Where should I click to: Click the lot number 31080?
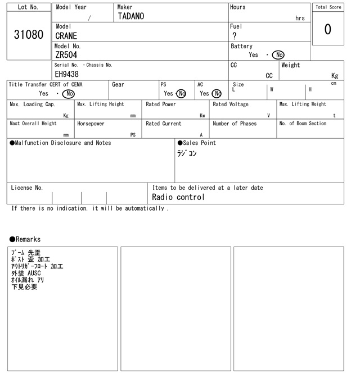tap(28, 35)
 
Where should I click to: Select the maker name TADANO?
tap(130, 16)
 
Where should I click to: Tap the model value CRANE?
tap(66, 36)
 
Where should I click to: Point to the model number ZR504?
tap(66, 55)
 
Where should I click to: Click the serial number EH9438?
tap(66, 74)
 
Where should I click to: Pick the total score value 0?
tap(327, 29)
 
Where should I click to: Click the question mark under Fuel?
tap(235, 36)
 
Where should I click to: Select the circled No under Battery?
tap(278, 55)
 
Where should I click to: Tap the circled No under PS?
tap(181, 94)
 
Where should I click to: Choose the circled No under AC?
tap(217, 94)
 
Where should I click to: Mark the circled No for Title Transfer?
tap(68, 94)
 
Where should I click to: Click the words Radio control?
tap(178, 197)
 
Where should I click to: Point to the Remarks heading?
tap(25, 239)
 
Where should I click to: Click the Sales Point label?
tap(196, 143)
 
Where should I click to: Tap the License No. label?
tap(26, 188)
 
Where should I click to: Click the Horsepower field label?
tap(91, 124)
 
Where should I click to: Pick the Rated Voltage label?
tap(230, 104)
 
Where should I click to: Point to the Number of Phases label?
tap(234, 124)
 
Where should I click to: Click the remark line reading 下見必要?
tap(24, 287)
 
